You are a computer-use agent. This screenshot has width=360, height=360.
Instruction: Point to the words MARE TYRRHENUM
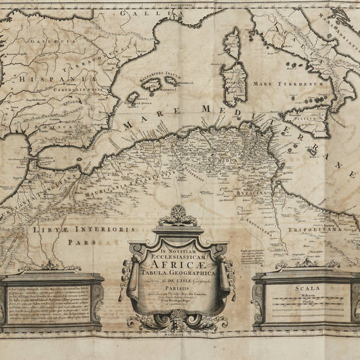pos(298,84)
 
